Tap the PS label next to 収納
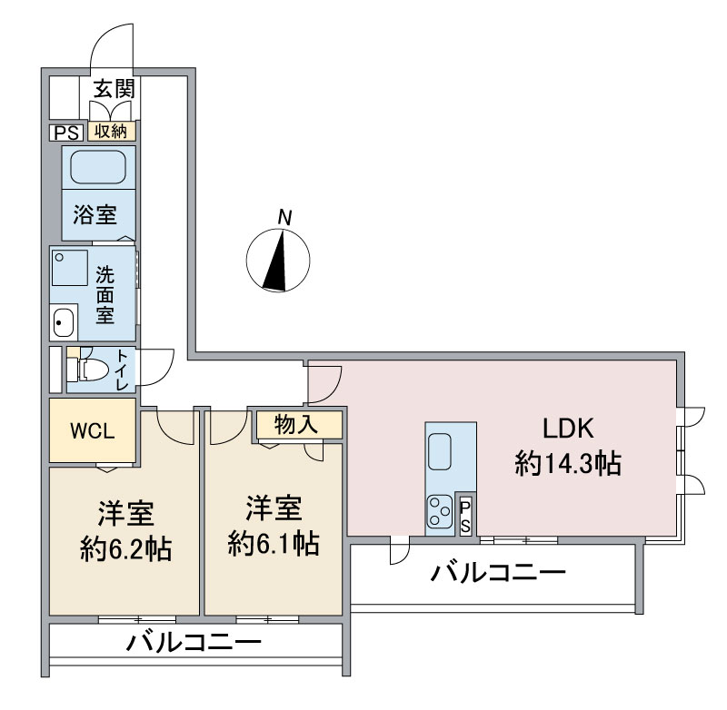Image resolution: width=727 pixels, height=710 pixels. (65, 133)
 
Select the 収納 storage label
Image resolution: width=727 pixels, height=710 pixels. (113, 133)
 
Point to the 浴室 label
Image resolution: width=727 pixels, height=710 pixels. (95, 216)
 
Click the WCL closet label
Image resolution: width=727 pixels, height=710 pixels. (93, 429)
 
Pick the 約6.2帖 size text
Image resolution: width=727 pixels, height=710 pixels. (124, 550)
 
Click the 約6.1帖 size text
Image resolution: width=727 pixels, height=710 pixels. (273, 544)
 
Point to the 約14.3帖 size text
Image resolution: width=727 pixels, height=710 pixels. (567, 465)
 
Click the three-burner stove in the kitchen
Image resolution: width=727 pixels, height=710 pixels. (440, 510)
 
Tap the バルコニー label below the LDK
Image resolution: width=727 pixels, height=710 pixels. (498, 574)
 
